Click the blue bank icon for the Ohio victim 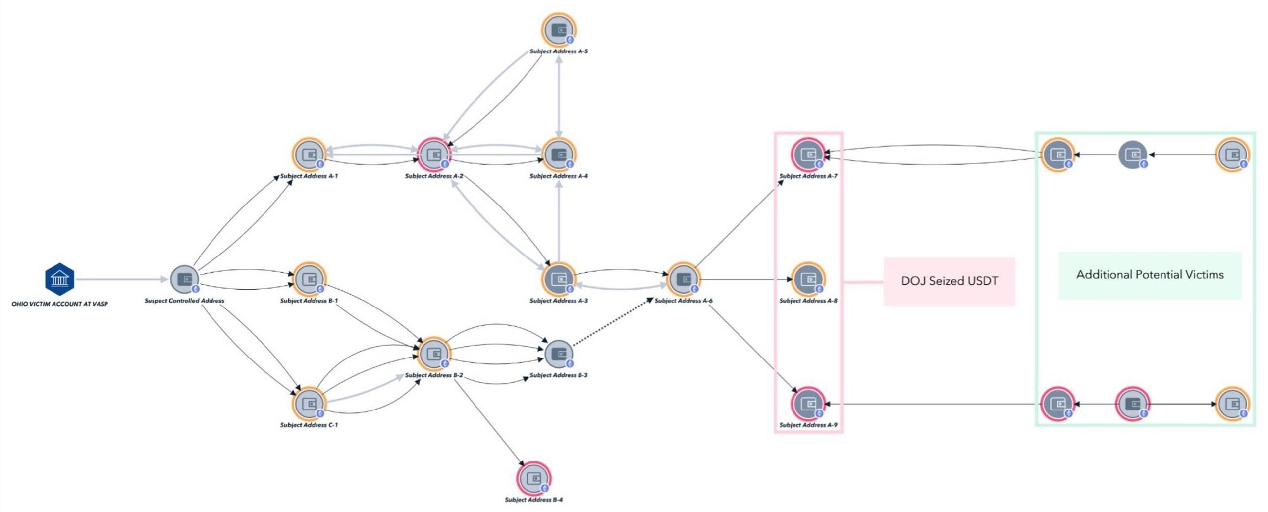tap(59, 279)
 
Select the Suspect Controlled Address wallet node tap(185, 279)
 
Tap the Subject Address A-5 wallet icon tap(559, 30)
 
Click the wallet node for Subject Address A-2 tap(434, 154)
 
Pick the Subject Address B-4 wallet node tap(533, 478)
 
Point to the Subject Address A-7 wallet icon tap(808, 154)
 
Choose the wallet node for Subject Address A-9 tap(808, 404)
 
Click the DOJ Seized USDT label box tap(950, 281)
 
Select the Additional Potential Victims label tap(1150, 275)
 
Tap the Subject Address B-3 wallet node tap(559, 354)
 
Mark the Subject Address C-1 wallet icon tap(309, 404)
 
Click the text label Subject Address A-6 tap(684, 301)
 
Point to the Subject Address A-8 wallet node tap(808, 279)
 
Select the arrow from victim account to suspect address tap(122, 279)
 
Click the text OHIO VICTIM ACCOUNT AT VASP tap(59, 304)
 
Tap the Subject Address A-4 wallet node tap(559, 154)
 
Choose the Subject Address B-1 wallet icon tap(309, 279)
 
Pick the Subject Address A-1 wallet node tap(309, 154)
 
